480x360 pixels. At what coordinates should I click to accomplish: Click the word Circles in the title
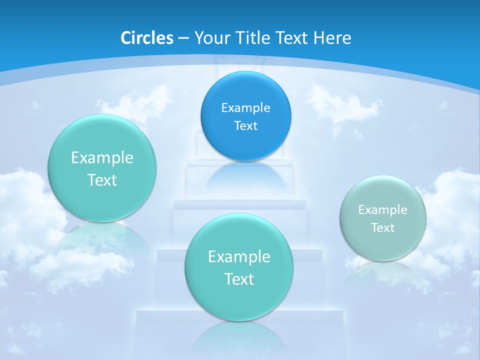click(147, 38)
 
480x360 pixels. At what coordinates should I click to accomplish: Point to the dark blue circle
click(245, 116)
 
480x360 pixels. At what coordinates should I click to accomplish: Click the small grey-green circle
click(383, 218)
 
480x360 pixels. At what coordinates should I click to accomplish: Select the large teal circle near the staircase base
click(239, 267)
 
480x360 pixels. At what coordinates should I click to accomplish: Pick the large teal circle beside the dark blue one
click(102, 168)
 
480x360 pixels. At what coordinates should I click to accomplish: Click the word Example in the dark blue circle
click(245, 107)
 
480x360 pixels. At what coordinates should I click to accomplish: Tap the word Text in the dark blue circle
click(245, 125)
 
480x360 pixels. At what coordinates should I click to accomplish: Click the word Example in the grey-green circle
click(383, 210)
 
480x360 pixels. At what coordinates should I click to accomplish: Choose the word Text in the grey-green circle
click(383, 228)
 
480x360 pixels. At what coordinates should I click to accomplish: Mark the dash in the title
click(183, 38)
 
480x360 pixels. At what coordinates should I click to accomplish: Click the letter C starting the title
click(126, 38)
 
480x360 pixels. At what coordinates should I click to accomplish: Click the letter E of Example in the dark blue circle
click(224, 107)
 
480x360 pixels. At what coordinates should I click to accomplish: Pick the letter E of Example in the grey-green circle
click(361, 210)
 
